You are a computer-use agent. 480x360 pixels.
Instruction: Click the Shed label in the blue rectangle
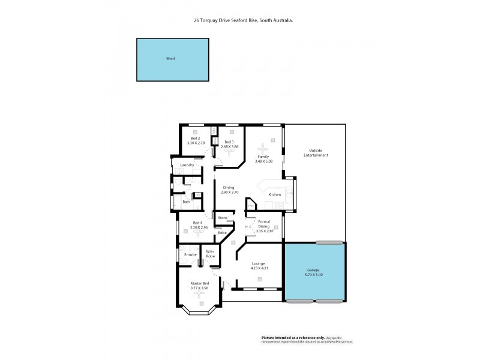pos(170,59)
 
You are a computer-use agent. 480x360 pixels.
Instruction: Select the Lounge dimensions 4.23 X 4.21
pos(259,268)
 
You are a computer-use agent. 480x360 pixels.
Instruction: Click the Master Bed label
pos(200,283)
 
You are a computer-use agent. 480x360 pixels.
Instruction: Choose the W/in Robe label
pos(211,253)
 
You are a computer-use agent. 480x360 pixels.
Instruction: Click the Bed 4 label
pos(197,223)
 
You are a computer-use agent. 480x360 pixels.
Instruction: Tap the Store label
pos(222,217)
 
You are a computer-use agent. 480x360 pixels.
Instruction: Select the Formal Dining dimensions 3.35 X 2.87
pos(263,231)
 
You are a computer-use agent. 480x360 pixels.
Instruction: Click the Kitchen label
pos(275,195)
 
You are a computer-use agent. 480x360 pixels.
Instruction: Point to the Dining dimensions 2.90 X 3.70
pos(229,192)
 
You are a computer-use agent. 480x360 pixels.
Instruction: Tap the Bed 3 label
pos(229,142)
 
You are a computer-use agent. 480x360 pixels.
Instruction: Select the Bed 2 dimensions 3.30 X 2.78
pos(196,143)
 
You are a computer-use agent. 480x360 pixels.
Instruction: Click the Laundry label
pos(186,165)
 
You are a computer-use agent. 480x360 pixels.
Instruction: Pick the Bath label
pos(186,202)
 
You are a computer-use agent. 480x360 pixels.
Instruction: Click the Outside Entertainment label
pos(316,152)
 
